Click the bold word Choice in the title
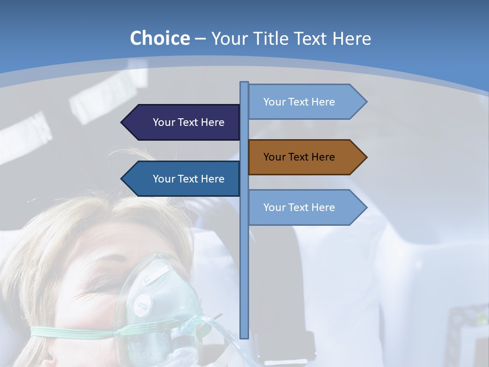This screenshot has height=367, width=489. (x=159, y=38)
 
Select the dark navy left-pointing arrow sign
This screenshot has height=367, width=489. (x=183, y=122)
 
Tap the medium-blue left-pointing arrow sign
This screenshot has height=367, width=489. (x=183, y=179)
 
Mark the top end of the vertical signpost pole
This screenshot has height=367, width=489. (x=244, y=83)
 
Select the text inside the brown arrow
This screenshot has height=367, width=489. (x=299, y=157)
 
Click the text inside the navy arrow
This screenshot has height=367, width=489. (x=188, y=122)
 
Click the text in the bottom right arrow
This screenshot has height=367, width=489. (x=299, y=207)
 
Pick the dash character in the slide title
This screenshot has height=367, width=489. (x=200, y=39)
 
